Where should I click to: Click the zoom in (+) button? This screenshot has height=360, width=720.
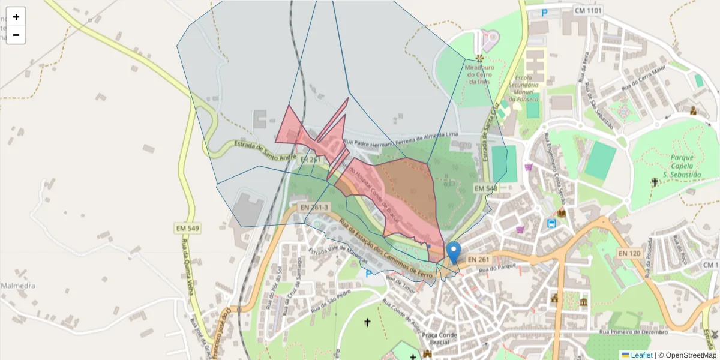point(16,17)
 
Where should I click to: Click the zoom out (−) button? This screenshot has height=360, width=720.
point(16,35)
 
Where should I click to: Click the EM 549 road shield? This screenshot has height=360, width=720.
point(187,228)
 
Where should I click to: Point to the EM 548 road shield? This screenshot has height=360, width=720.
point(486,188)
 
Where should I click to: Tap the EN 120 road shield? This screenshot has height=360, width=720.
point(629,253)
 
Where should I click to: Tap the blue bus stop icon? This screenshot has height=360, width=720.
point(551,224)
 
